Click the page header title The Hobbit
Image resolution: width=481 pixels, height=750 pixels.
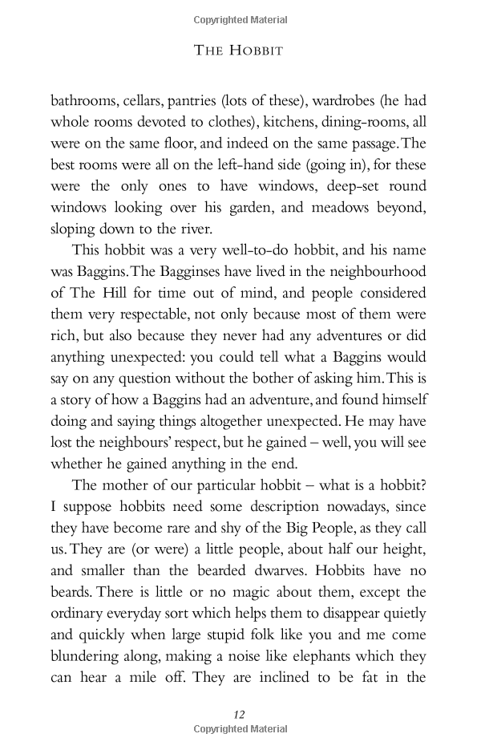point(240,50)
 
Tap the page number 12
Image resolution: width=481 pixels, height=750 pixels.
point(239,714)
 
